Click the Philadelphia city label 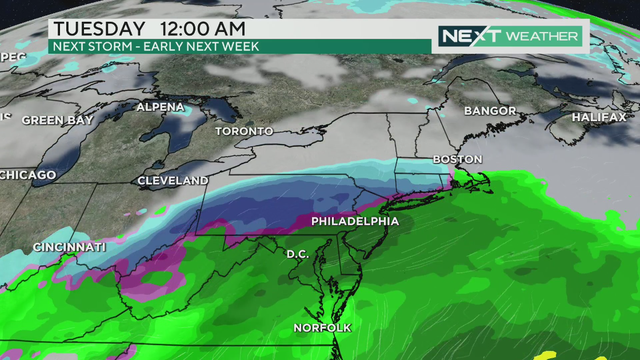point(355,221)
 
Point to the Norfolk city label point(322,328)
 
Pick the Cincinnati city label point(69,247)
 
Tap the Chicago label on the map point(28,175)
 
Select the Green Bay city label point(57,120)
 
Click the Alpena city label point(160,107)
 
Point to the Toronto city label point(244,131)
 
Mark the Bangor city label point(490,110)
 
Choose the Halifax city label point(599,117)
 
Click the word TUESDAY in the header point(100,27)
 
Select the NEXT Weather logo point(509,36)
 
